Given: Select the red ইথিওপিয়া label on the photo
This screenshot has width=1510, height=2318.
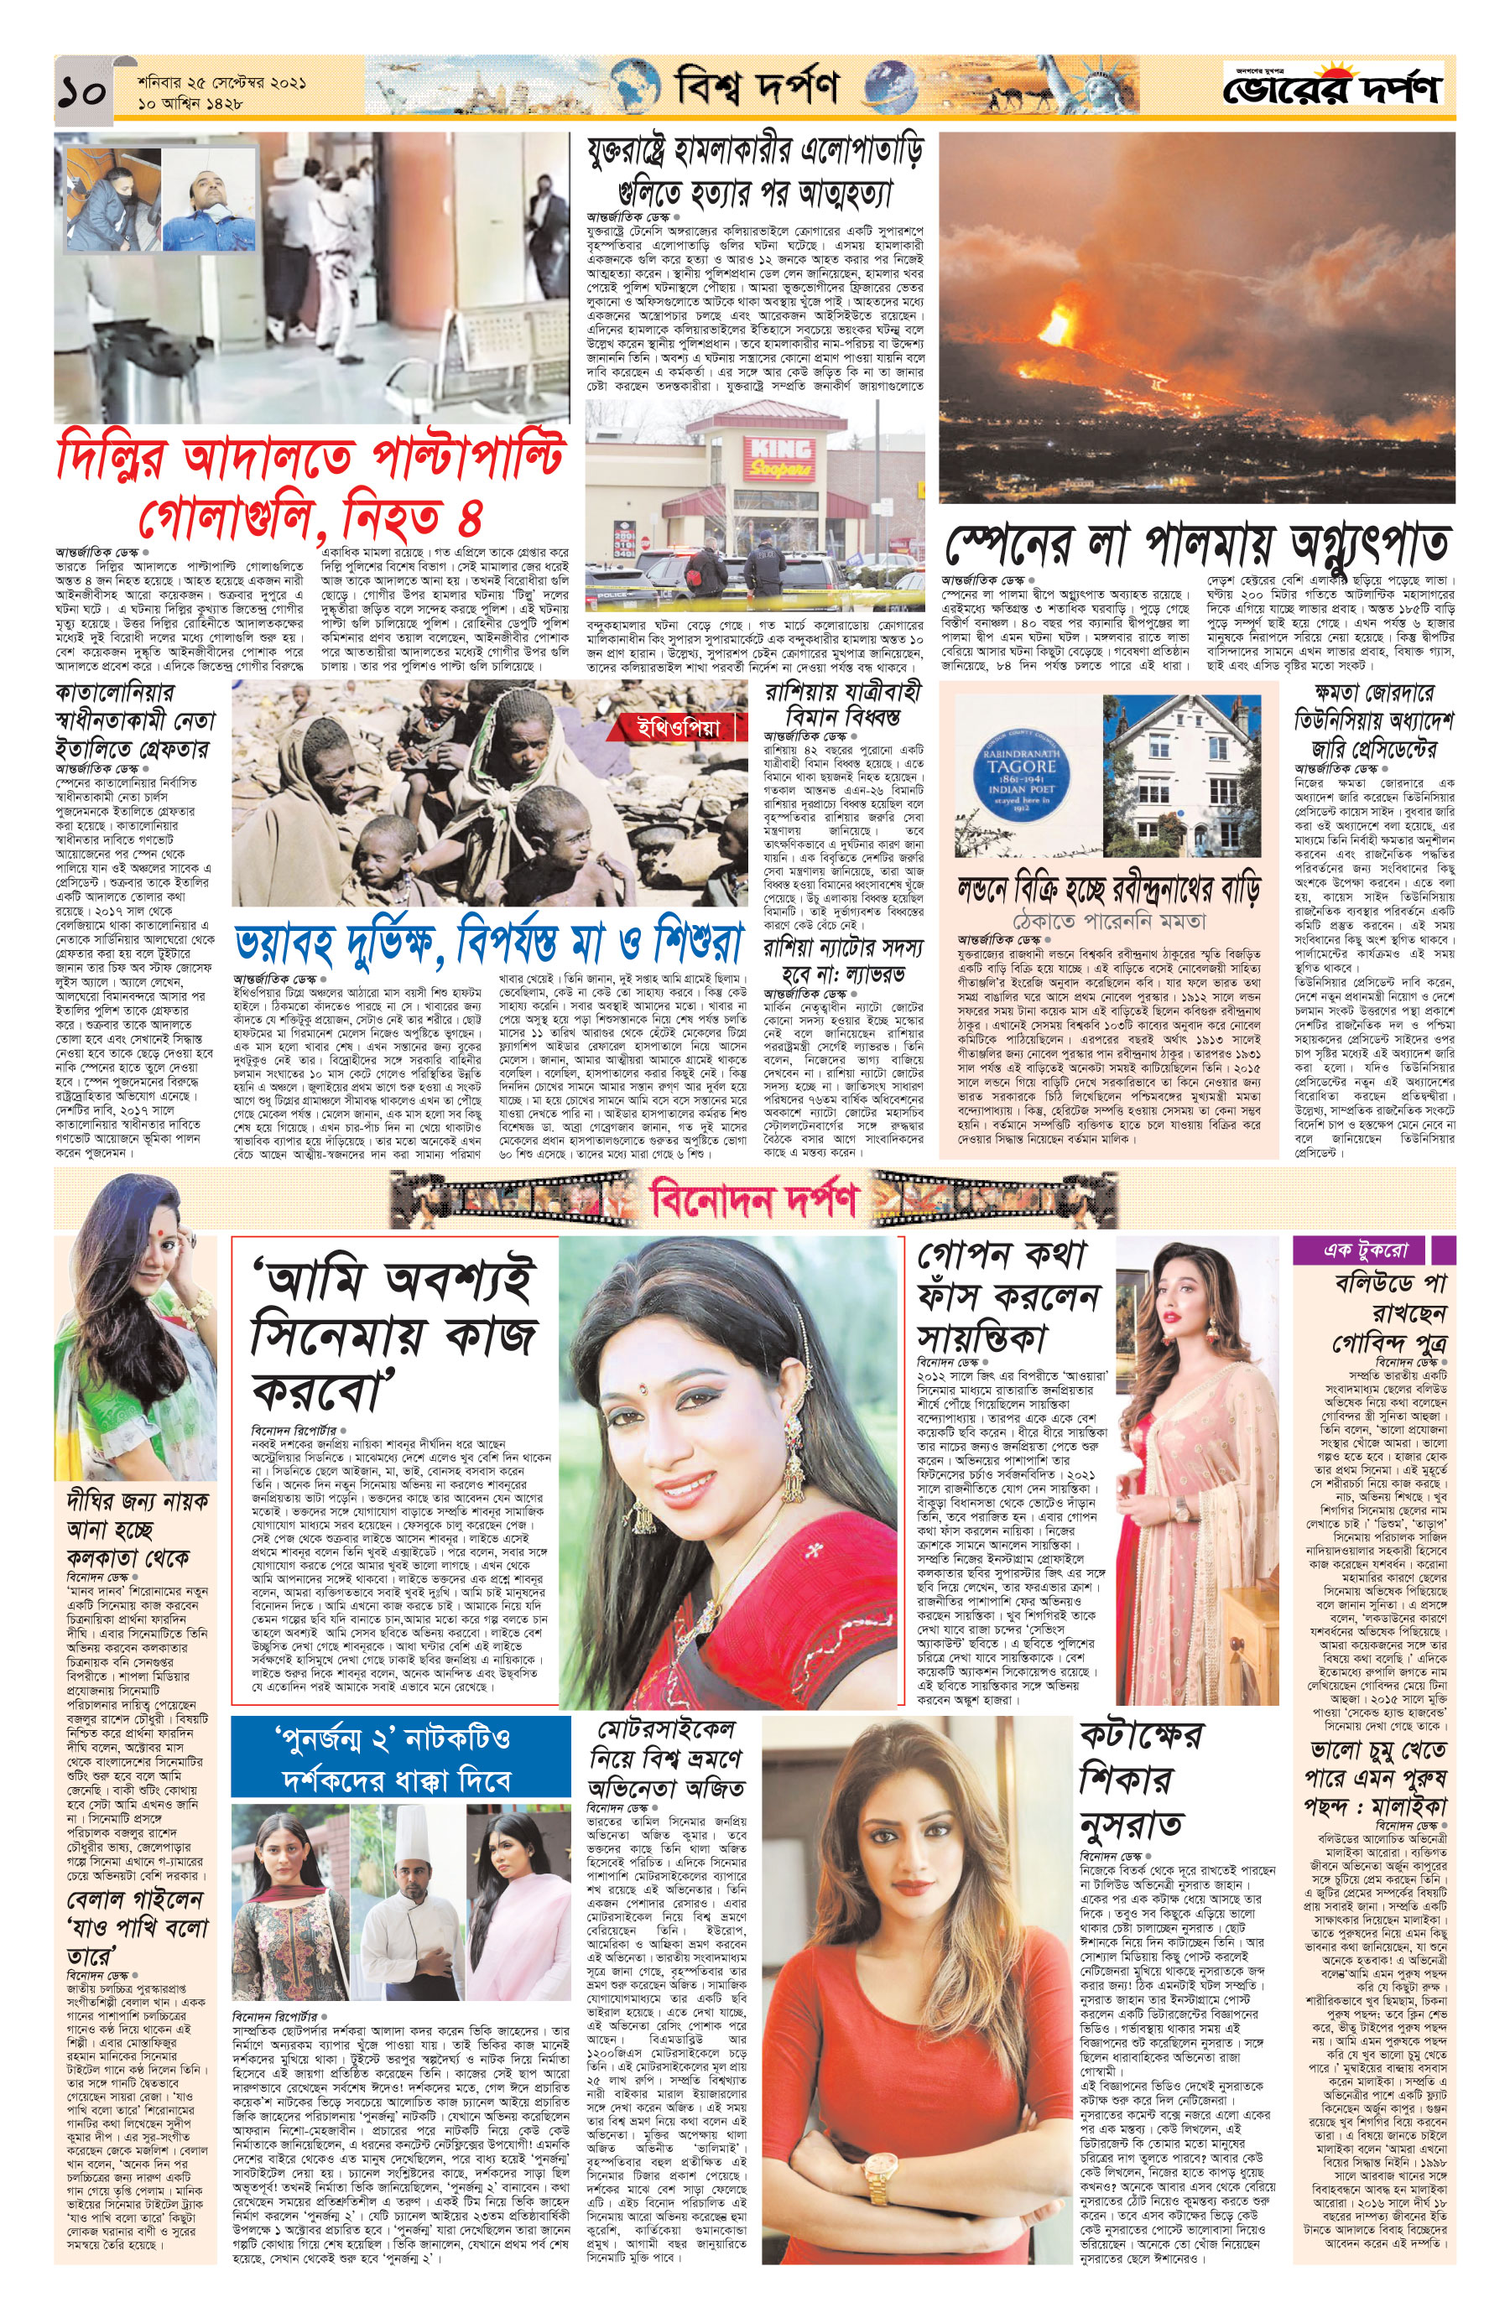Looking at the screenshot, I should click(680, 728).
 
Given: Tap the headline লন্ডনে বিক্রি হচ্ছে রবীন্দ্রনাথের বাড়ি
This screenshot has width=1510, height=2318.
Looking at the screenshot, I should click(1109, 891).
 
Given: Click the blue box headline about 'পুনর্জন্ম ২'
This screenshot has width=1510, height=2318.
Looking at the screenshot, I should click(399, 1760).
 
